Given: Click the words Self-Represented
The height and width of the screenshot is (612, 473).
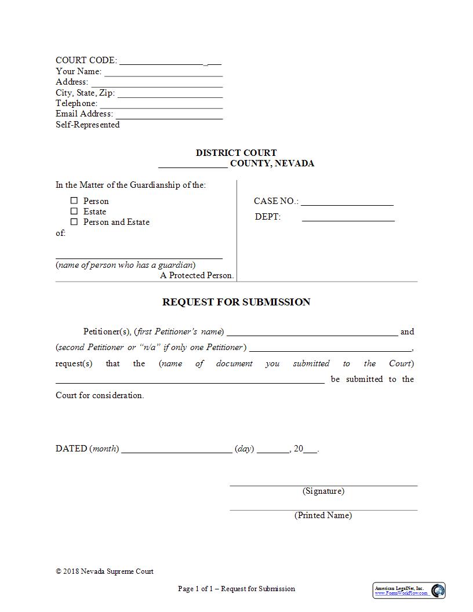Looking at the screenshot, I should point(88,125).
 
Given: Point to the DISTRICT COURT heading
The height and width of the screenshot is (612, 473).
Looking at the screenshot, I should point(236,153).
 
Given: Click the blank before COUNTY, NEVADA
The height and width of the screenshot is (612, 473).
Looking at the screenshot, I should point(192,164).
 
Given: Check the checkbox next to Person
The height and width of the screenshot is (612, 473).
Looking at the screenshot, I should point(74,201).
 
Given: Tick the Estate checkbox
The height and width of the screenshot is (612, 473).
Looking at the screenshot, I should point(74,211).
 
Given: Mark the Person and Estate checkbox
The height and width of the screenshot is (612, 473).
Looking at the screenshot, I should point(74,221).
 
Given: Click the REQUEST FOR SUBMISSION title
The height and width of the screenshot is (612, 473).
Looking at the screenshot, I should point(236,302).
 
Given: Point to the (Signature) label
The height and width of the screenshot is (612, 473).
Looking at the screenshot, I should point(323,491).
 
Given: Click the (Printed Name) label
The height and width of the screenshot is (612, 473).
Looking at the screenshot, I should point(323,515).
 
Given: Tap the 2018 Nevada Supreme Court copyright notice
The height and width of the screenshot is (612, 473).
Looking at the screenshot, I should point(105,571).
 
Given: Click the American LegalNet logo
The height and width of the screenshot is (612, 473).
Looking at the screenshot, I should point(409,590).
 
